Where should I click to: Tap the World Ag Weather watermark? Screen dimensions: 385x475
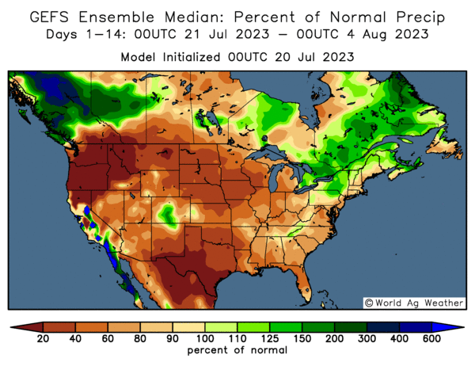pos(414,302)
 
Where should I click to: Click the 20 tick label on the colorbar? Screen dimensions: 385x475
pos(44,339)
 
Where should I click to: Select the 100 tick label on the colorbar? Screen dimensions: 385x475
pos(205,339)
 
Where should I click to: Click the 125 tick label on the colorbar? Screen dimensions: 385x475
pos(270,339)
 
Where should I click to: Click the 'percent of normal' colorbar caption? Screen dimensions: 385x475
pos(237,350)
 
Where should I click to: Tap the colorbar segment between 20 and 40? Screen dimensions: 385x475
pos(59,326)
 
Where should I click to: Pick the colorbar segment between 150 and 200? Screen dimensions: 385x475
pos(318,326)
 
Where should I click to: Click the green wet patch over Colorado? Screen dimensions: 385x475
pos(168,213)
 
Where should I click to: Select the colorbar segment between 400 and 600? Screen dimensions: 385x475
pos(415,326)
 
